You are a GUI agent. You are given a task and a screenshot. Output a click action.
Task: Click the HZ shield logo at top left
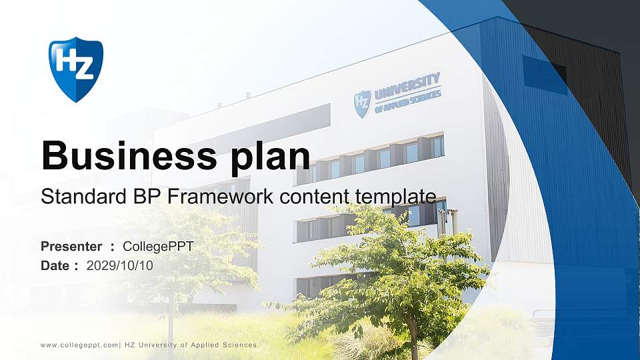pyautogui.click(x=75, y=69)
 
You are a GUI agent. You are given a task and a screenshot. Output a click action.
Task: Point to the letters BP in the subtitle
pyautogui.click(x=137, y=197)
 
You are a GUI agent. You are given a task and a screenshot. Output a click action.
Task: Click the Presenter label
pyautogui.click(x=71, y=247)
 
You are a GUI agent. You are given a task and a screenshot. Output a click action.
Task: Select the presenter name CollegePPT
pyautogui.click(x=159, y=247)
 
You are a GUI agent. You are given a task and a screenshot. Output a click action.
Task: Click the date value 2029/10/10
pyautogui.click(x=120, y=265)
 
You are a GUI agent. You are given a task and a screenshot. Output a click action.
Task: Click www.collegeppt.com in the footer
pyautogui.click(x=78, y=345)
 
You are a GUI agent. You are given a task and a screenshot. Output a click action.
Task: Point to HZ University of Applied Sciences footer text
pyautogui.click(x=191, y=345)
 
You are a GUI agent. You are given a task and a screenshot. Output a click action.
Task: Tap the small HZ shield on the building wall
pyautogui.click(x=362, y=104)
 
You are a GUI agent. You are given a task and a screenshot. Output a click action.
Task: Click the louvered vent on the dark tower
pyautogui.click(x=544, y=75)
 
